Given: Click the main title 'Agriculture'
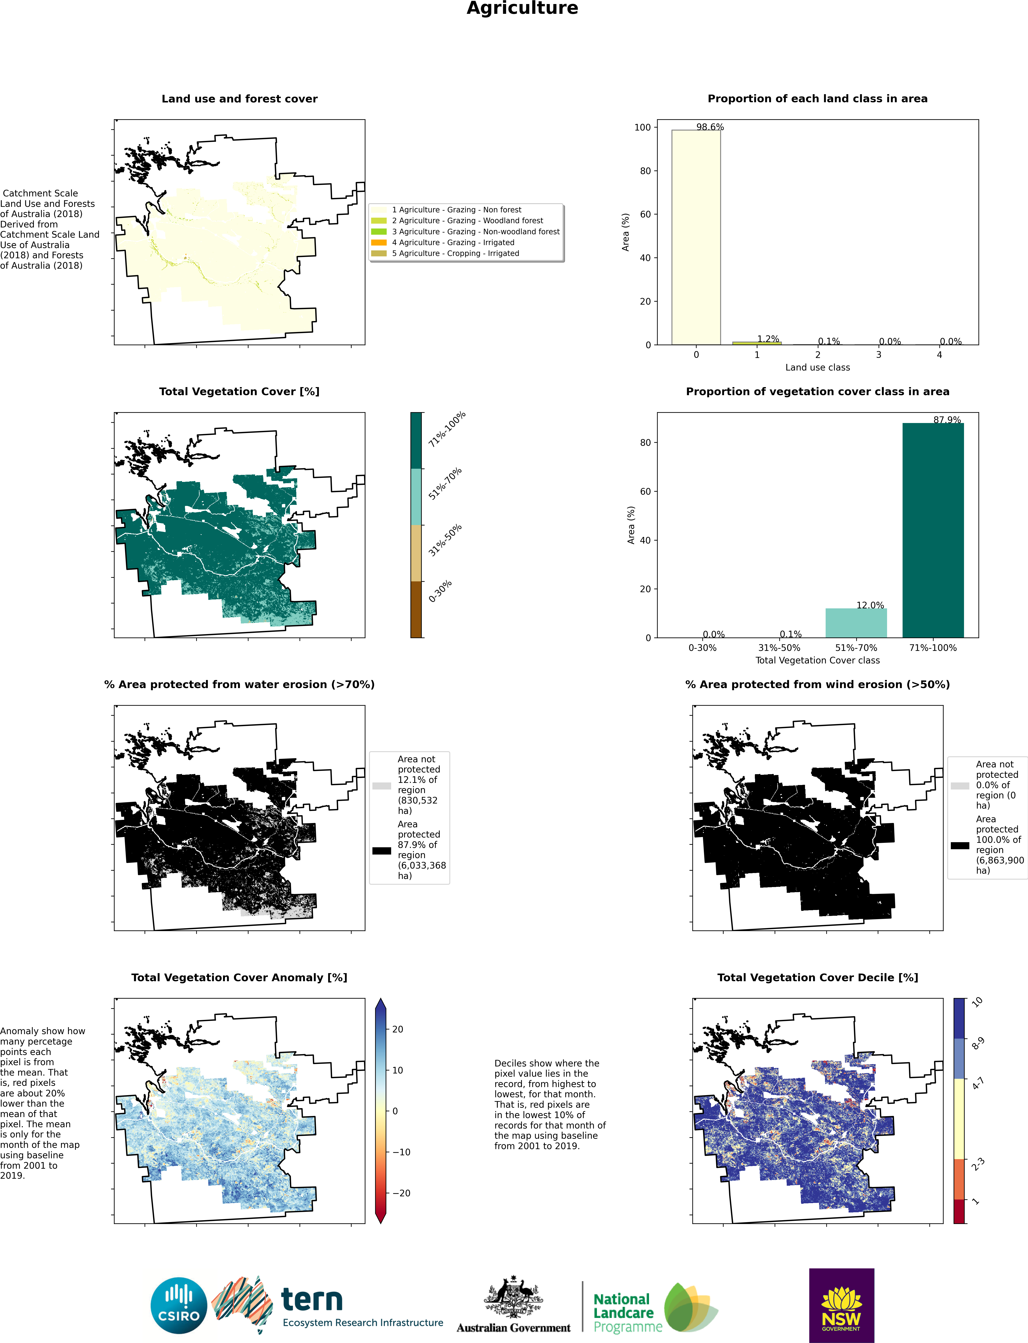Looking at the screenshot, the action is (x=522, y=9).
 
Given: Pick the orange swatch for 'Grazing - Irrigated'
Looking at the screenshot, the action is (x=379, y=242).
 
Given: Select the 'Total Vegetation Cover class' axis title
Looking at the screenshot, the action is (x=818, y=660).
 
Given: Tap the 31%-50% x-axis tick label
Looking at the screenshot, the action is (x=779, y=647).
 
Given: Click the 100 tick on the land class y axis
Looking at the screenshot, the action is (x=642, y=127).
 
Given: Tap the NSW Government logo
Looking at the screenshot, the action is (x=841, y=1305).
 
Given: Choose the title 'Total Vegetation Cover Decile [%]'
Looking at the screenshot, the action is (x=818, y=978).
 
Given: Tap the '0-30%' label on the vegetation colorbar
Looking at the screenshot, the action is (x=440, y=591).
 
